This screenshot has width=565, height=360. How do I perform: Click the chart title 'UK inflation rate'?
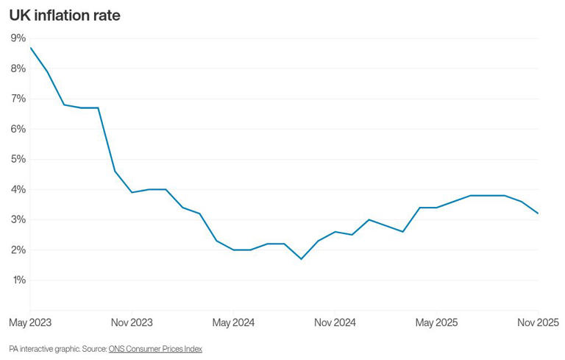(x=65, y=15)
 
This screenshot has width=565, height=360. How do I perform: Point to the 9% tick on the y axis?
(x=18, y=38)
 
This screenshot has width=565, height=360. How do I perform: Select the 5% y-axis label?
(x=18, y=159)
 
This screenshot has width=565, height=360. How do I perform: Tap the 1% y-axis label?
(x=18, y=280)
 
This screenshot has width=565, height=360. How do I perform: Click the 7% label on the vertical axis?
(x=18, y=99)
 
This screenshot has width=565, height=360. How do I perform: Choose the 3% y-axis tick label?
(x=18, y=219)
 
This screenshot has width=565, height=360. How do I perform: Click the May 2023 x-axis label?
(x=30, y=322)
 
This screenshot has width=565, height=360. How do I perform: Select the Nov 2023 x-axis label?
(x=132, y=322)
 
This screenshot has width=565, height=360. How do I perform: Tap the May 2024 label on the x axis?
(x=233, y=322)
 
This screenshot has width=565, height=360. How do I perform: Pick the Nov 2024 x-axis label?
(x=335, y=322)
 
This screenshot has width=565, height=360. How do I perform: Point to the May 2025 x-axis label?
(x=436, y=322)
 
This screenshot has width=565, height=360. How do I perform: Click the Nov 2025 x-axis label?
(x=536, y=322)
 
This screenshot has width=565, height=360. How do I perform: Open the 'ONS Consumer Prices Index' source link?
(x=155, y=348)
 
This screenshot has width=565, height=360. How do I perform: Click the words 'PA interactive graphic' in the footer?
(x=43, y=348)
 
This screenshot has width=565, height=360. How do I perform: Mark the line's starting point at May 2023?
(x=30, y=48)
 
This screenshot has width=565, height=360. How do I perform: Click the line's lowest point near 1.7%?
(x=301, y=258)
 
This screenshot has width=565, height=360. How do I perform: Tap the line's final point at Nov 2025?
(x=538, y=213)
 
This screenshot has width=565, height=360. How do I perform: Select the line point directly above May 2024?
(x=233, y=250)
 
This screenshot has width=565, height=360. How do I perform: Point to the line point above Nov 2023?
(x=132, y=192)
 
